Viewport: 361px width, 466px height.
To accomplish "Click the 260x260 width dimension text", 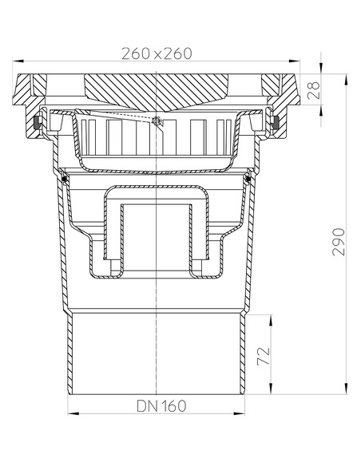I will tap(157, 54).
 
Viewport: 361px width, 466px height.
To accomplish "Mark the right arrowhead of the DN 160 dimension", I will tap(244, 413).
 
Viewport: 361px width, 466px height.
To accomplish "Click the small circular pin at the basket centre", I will tap(157, 121).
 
